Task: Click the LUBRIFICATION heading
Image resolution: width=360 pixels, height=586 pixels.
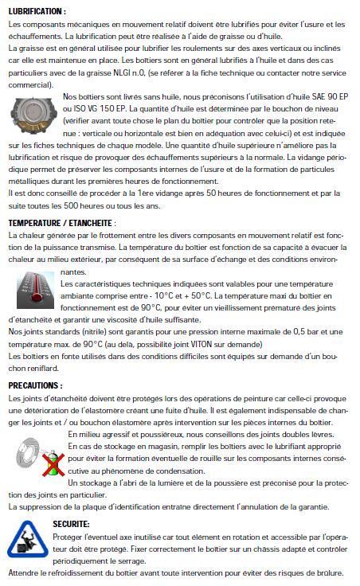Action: [37, 12]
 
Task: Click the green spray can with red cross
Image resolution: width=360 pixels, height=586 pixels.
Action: [53, 464]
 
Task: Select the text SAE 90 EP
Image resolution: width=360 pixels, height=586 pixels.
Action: [323, 97]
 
